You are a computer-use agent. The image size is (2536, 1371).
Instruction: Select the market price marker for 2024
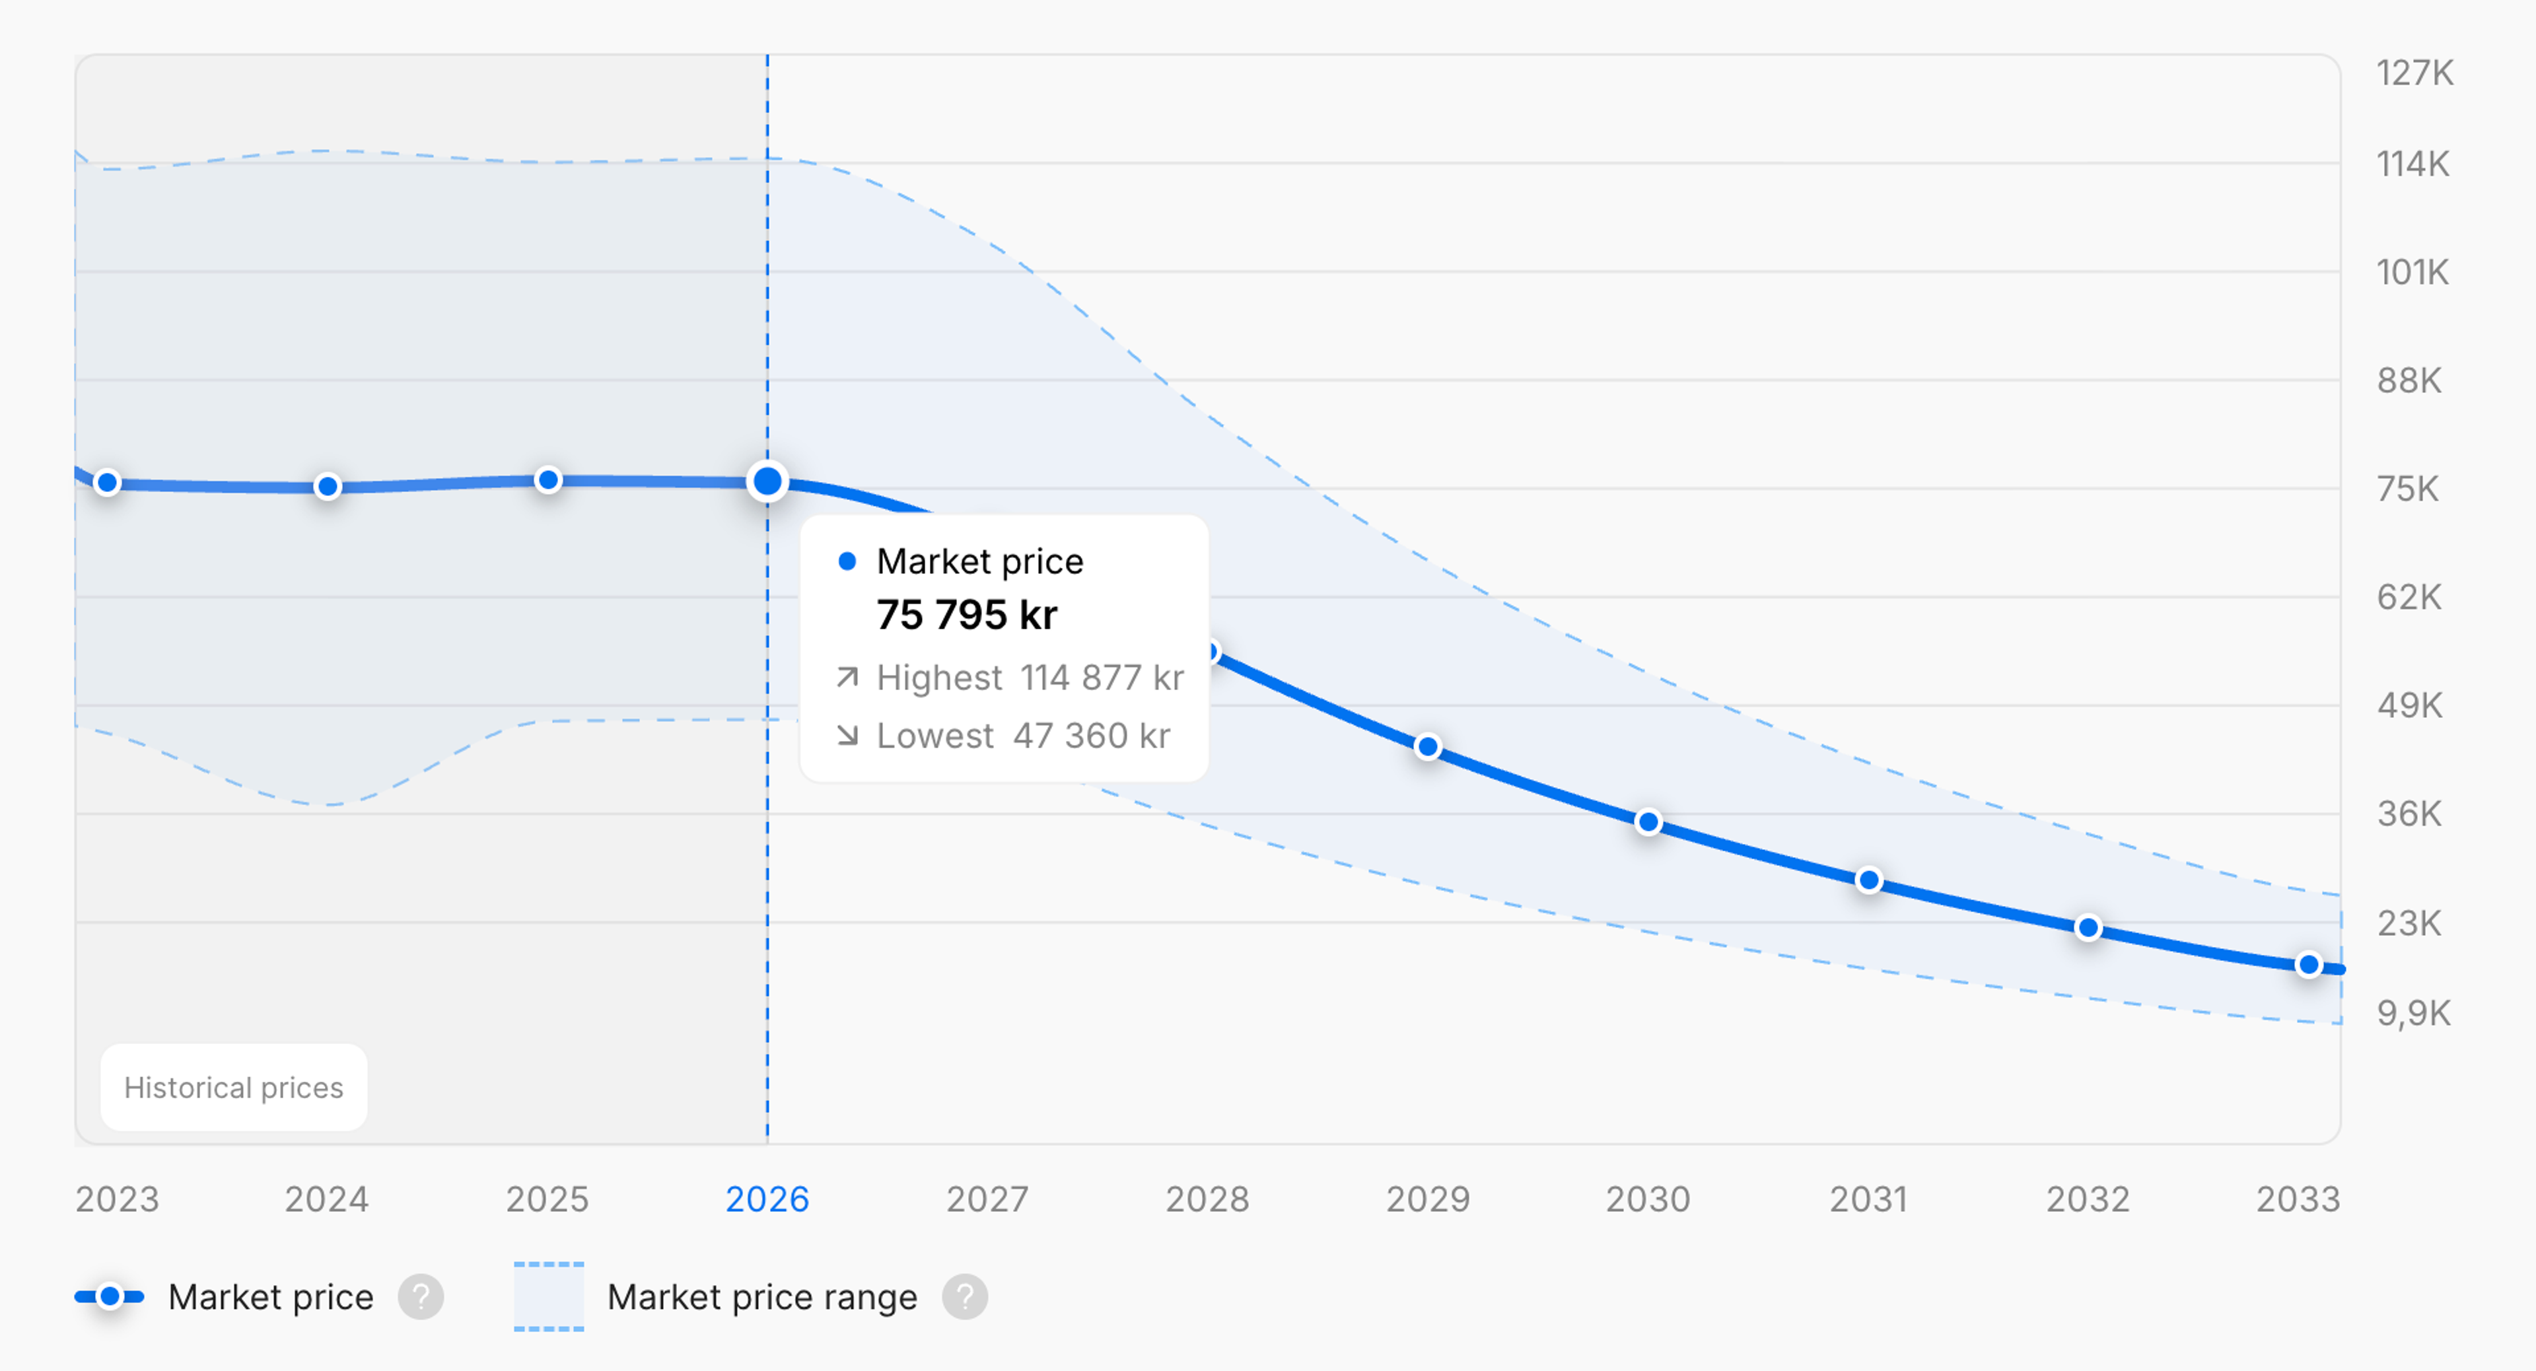[x=328, y=486]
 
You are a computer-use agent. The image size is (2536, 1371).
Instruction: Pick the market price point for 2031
[x=1868, y=880]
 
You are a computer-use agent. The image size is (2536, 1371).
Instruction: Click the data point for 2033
[x=2309, y=965]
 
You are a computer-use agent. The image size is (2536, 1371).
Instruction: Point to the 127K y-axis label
[x=2414, y=73]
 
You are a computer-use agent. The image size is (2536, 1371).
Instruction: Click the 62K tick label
[x=2409, y=596]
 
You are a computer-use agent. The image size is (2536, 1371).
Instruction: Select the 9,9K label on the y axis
[x=2413, y=1013]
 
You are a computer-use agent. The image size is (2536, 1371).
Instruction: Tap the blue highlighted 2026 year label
[x=767, y=1199]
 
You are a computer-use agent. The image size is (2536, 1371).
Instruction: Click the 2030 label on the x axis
[x=1648, y=1199]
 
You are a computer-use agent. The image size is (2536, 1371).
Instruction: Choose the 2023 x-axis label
[x=117, y=1199]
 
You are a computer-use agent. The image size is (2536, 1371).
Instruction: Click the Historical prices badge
[x=233, y=1088]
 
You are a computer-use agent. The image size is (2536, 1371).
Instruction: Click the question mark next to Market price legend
[x=421, y=1297]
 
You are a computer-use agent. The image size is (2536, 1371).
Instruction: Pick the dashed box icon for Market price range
[x=548, y=1297]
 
